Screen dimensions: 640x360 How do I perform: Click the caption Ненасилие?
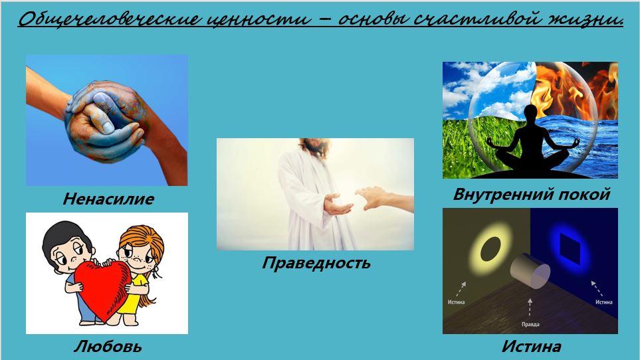click(108, 199)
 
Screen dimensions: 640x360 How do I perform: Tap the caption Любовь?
click(108, 346)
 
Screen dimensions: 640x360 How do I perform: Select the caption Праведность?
click(316, 262)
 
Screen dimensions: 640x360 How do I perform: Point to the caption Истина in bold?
click(531, 346)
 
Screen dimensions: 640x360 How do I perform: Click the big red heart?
click(103, 289)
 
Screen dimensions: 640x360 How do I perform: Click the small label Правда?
click(530, 324)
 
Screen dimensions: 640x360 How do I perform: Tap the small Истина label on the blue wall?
click(603, 302)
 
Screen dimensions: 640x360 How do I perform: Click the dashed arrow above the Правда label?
click(530, 308)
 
